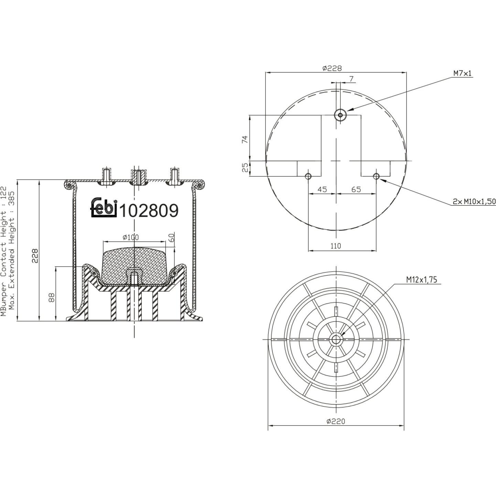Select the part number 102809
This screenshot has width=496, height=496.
pos(149,211)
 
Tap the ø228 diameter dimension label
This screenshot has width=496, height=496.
pos(332,68)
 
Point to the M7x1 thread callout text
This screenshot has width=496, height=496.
pos(462,74)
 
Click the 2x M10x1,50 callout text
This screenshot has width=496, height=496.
pos(474,202)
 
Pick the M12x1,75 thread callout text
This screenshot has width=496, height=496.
pos(422,280)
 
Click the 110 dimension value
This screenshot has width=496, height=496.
pos(335,246)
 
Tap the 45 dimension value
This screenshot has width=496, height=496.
pos(322,190)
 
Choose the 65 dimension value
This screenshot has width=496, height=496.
pos(356,190)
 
